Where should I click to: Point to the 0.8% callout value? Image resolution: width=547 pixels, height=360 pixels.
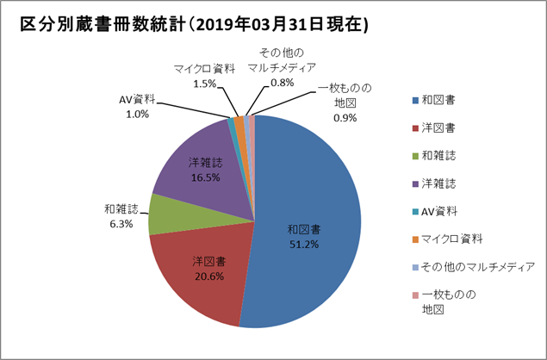click(x=282, y=83)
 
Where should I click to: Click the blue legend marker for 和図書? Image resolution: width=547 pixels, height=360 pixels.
click(x=414, y=101)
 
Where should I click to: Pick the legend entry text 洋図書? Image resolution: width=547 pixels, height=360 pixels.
click(x=438, y=128)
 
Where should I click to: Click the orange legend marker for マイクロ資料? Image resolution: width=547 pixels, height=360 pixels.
click(x=414, y=239)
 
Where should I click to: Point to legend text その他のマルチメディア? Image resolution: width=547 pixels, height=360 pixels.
click(x=477, y=267)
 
